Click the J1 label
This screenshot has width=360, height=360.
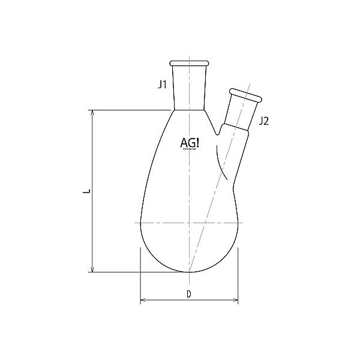point(162,85)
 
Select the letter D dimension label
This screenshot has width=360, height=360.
point(188,294)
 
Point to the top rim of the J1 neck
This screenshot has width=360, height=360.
point(189,63)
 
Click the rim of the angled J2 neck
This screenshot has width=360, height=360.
point(247,94)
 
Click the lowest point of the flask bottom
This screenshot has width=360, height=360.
point(189,272)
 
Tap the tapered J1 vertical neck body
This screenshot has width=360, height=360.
point(189,87)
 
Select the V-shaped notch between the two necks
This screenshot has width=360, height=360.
point(220,127)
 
